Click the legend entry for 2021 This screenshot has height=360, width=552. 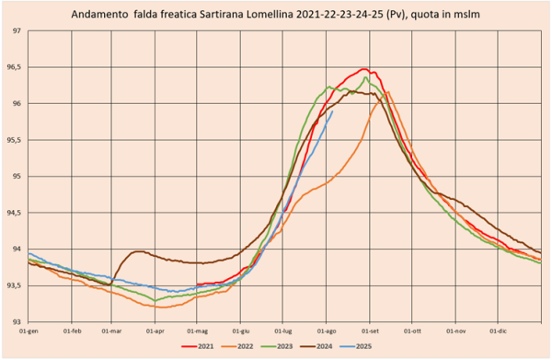198,346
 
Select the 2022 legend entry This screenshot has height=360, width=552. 237,346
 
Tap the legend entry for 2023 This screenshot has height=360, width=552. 277,346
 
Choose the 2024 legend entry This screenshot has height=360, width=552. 316,346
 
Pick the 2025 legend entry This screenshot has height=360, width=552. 355,346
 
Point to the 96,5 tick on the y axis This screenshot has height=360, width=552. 14,67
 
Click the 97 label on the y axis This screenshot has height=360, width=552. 17,31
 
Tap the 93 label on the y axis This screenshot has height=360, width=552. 17,321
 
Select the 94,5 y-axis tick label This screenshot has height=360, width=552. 14,213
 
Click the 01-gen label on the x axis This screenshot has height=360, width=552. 29,331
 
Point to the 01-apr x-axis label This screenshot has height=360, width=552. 155,331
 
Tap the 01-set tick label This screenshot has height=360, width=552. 370,331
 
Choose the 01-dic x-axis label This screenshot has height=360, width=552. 498,331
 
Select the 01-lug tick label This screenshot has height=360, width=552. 283,331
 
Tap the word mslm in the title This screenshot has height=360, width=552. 467,15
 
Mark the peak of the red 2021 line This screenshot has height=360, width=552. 364,69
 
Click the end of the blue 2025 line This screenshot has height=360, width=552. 333,111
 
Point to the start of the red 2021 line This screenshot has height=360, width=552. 197,285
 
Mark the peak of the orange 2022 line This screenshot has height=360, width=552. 388,91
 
